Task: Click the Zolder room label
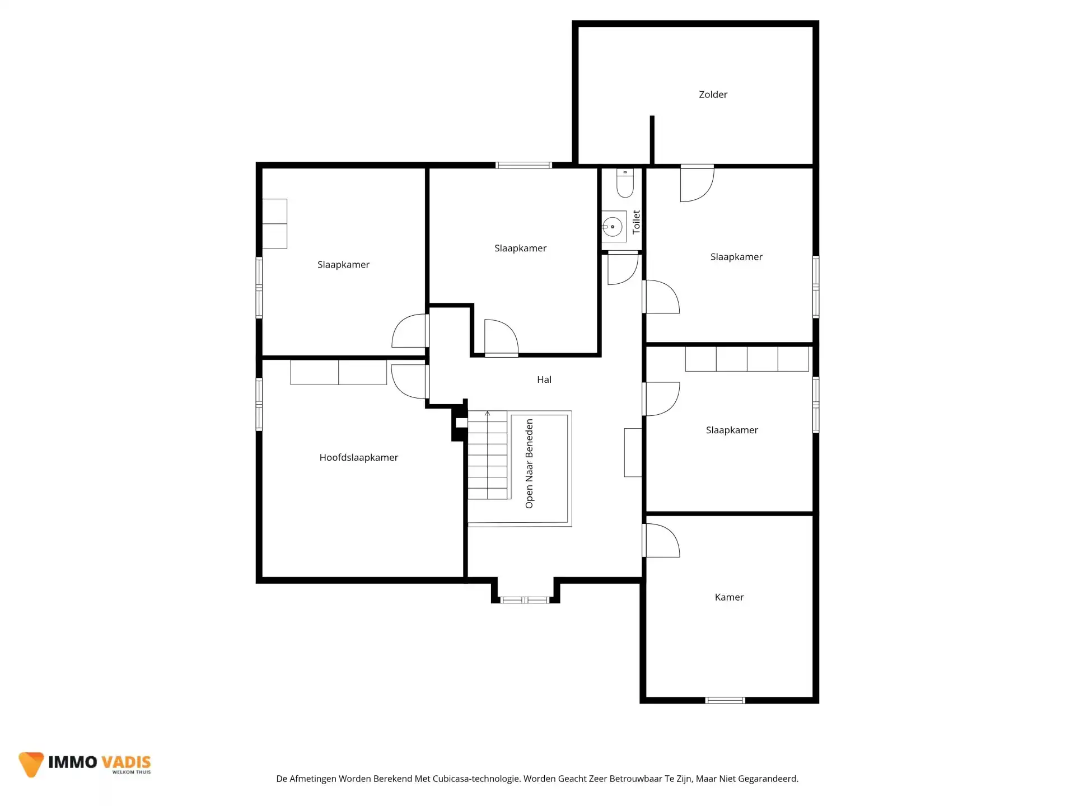coord(713,95)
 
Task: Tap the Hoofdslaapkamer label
coord(358,457)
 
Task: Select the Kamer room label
coord(729,597)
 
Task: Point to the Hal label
coord(544,379)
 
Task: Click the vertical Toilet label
coord(636,222)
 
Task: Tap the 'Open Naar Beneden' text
coord(529,463)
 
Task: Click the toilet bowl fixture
coord(625,183)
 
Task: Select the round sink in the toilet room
coord(613,227)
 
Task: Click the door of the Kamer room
coord(661,540)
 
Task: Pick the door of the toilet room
coord(623,269)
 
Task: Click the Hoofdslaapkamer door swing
coord(409,381)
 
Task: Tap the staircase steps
coord(488,455)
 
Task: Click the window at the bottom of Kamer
coord(725,700)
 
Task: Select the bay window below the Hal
coord(525,600)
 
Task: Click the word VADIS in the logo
coord(126,762)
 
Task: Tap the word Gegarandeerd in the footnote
coord(768,779)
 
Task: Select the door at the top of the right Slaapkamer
coord(697,183)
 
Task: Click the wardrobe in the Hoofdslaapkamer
coord(339,372)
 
